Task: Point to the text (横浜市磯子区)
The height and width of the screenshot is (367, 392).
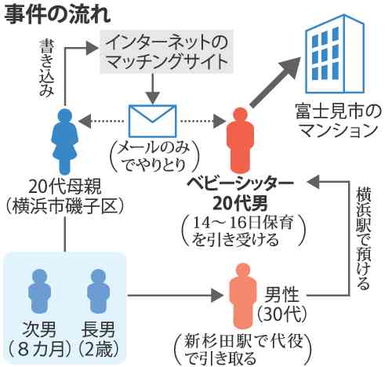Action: [x=63, y=207]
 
